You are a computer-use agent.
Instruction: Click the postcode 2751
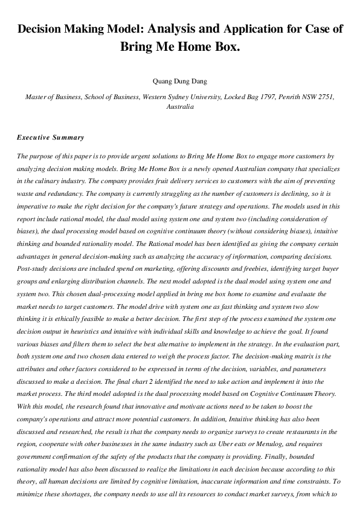(326, 96)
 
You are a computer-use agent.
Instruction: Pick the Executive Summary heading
(51, 138)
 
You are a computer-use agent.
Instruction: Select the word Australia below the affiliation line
(180, 106)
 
